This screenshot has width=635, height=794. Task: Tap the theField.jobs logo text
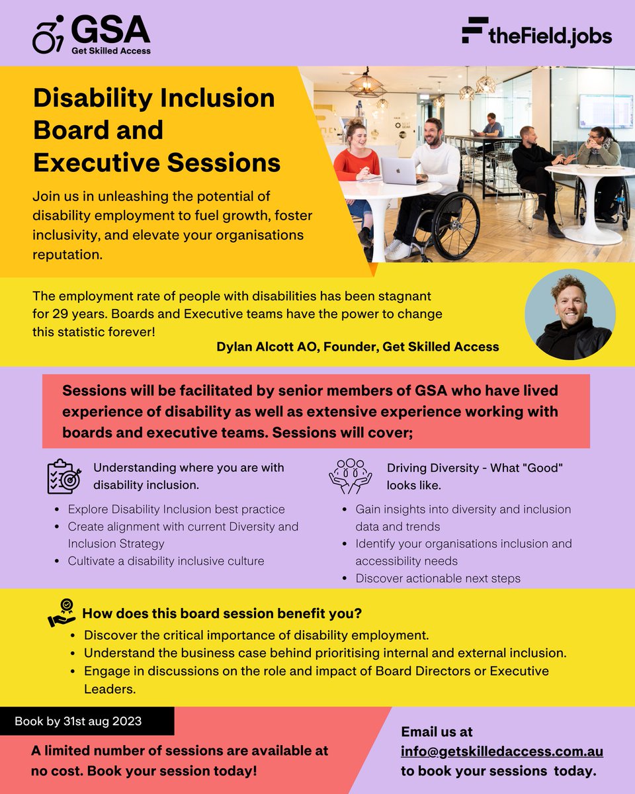536,35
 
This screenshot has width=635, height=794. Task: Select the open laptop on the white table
398,171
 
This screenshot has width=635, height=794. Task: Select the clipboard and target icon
64,476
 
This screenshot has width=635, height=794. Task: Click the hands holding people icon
351,476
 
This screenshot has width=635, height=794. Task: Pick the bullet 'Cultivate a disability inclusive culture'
166,561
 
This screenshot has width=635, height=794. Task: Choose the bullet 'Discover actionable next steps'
438,578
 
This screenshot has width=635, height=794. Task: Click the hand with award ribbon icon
62,613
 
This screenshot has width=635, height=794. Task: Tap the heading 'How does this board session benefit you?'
222,613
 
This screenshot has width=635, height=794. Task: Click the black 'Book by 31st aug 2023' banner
87,721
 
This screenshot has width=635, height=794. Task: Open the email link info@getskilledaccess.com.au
502,752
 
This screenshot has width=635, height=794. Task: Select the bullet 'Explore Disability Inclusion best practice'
176,509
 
